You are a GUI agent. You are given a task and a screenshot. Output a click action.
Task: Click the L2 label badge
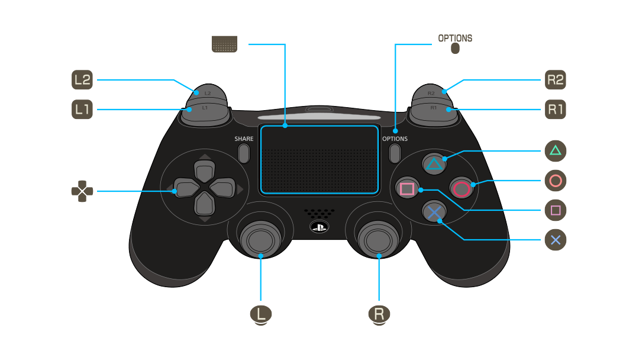[x=82, y=79]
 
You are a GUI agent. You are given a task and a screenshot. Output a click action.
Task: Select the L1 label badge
[x=82, y=110]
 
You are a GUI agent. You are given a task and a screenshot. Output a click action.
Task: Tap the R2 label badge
[x=556, y=79]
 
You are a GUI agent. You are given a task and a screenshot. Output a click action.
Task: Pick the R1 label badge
[x=556, y=110]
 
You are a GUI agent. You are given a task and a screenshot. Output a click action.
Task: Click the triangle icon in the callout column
[x=556, y=151]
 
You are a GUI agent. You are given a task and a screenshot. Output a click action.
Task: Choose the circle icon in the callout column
[x=556, y=181]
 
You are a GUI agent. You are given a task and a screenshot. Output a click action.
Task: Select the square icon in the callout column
[x=556, y=210]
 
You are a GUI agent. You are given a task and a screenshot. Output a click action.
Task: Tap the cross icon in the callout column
[x=556, y=240]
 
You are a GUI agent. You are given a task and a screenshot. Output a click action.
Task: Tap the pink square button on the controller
[x=407, y=188]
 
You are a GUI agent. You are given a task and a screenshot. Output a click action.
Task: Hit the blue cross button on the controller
[x=434, y=212]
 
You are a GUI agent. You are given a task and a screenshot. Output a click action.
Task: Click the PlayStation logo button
[x=319, y=227]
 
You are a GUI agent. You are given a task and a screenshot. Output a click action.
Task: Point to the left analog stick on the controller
[x=260, y=240]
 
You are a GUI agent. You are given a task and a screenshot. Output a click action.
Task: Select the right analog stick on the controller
[x=378, y=240]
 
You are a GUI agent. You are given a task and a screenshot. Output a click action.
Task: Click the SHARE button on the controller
[x=244, y=153]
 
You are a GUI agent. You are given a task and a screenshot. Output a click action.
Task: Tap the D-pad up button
[x=205, y=171]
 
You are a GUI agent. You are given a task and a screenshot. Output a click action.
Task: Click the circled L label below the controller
[x=261, y=315]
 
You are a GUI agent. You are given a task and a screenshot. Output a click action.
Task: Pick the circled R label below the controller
[x=379, y=315]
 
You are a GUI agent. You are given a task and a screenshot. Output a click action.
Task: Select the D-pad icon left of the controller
[x=82, y=191]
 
